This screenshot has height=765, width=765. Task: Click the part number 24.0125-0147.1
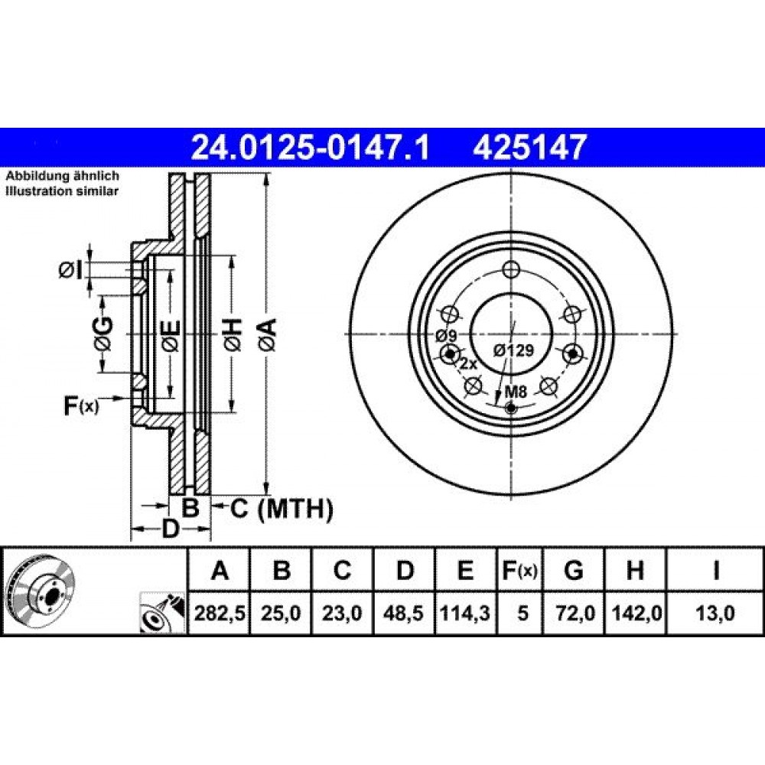[x=311, y=148]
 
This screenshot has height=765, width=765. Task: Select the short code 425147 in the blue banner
[x=528, y=148]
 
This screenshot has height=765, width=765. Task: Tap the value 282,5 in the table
[x=219, y=613]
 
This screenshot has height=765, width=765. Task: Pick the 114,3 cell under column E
[x=465, y=613]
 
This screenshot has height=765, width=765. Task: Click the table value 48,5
[x=403, y=613]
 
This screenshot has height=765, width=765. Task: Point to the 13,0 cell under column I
[x=715, y=613]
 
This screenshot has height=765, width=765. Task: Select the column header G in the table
[x=574, y=570]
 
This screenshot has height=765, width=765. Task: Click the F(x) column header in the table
[x=520, y=570]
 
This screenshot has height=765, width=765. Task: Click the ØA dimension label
[x=269, y=335]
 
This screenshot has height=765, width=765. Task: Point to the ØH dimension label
[x=233, y=335]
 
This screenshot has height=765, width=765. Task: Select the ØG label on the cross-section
[x=103, y=334]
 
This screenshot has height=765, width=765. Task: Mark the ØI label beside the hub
[x=71, y=271]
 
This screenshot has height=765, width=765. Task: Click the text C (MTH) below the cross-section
[x=282, y=509]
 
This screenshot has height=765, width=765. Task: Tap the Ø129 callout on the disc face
[x=513, y=350]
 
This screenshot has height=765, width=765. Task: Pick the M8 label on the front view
[x=516, y=391]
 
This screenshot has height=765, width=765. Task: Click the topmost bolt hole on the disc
[x=511, y=269]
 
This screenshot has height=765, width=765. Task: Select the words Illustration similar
[x=62, y=191]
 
